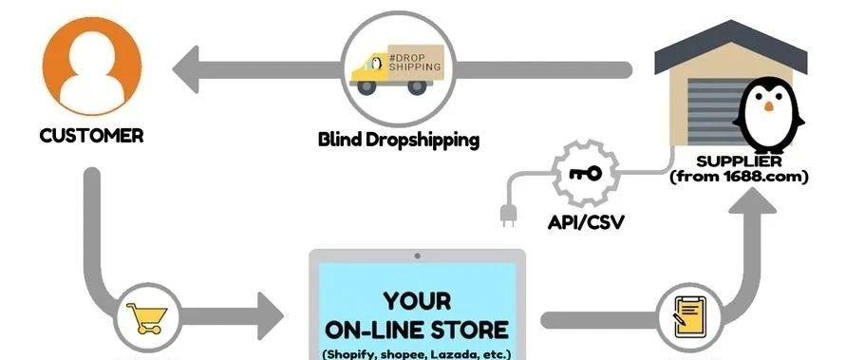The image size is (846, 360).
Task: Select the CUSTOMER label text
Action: click(x=91, y=136)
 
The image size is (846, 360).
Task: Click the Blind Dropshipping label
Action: click(x=399, y=140)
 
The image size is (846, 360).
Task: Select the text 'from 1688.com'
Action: click(x=738, y=177)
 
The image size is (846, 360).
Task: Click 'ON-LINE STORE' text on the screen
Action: click(x=417, y=331)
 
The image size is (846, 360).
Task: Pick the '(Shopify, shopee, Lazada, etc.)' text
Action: click(x=417, y=354)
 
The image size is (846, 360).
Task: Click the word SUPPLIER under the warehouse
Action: click(x=738, y=161)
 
